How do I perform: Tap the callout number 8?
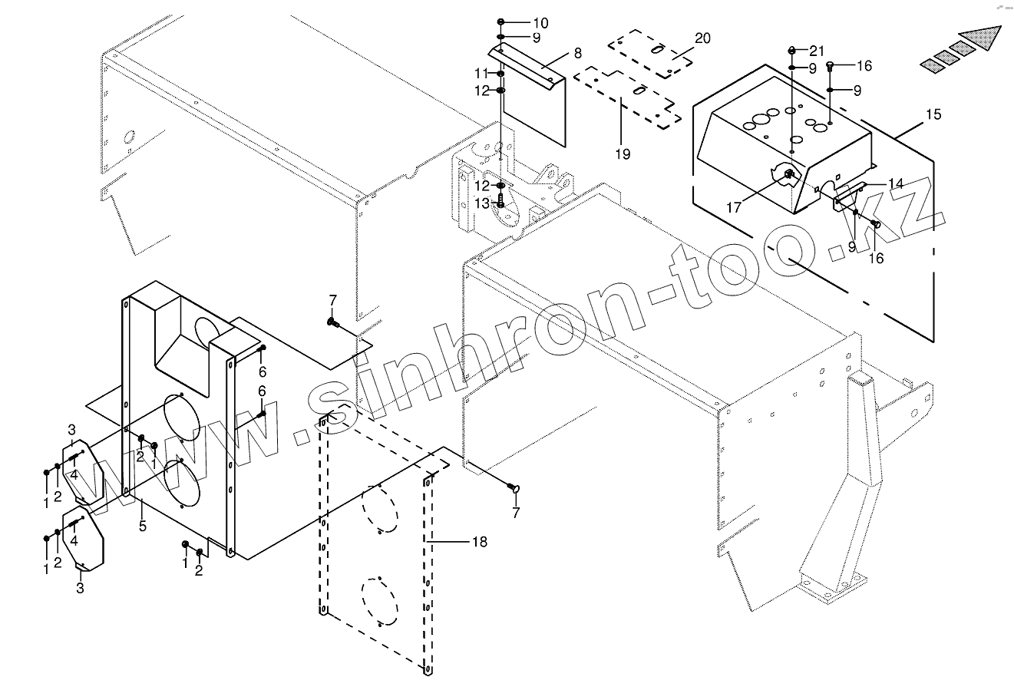pos(577,53)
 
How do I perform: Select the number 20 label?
pos(702,38)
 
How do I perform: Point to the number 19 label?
pos(622,154)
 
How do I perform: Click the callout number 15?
pos(933,115)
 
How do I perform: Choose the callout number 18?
pos(479,542)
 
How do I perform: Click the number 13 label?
pos(481,203)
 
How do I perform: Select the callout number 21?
pos(816,51)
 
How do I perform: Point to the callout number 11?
pos(481,73)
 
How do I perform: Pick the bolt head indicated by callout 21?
pos(792,51)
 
